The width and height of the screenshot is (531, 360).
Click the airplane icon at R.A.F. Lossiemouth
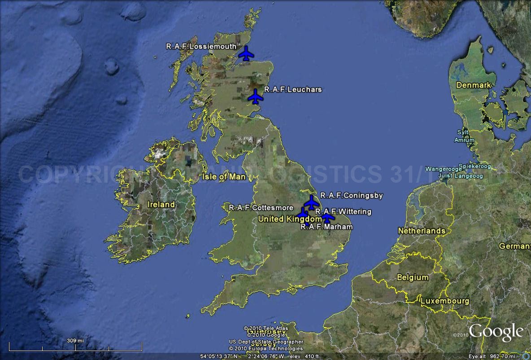click(246, 53)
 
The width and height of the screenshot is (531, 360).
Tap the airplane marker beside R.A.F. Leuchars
click(255, 97)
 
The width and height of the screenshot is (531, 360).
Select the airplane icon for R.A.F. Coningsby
click(311, 202)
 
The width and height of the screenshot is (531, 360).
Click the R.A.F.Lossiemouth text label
click(201, 46)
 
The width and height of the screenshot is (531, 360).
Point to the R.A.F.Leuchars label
click(293, 89)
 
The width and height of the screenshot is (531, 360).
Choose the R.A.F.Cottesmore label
click(261, 208)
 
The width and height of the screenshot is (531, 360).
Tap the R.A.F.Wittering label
click(343, 211)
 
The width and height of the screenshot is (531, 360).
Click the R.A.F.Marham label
click(326, 227)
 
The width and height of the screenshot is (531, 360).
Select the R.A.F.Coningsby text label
click(352, 196)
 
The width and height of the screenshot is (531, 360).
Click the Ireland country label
click(161, 205)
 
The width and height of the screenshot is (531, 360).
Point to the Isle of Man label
click(224, 177)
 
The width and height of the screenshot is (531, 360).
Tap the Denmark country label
click(474, 85)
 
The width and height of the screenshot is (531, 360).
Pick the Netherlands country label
click(422, 231)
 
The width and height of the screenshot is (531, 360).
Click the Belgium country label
click(413, 277)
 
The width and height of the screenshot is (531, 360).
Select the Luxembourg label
click(444, 301)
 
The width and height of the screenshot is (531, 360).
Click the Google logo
click(496, 332)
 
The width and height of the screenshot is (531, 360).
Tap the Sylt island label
click(462, 132)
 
